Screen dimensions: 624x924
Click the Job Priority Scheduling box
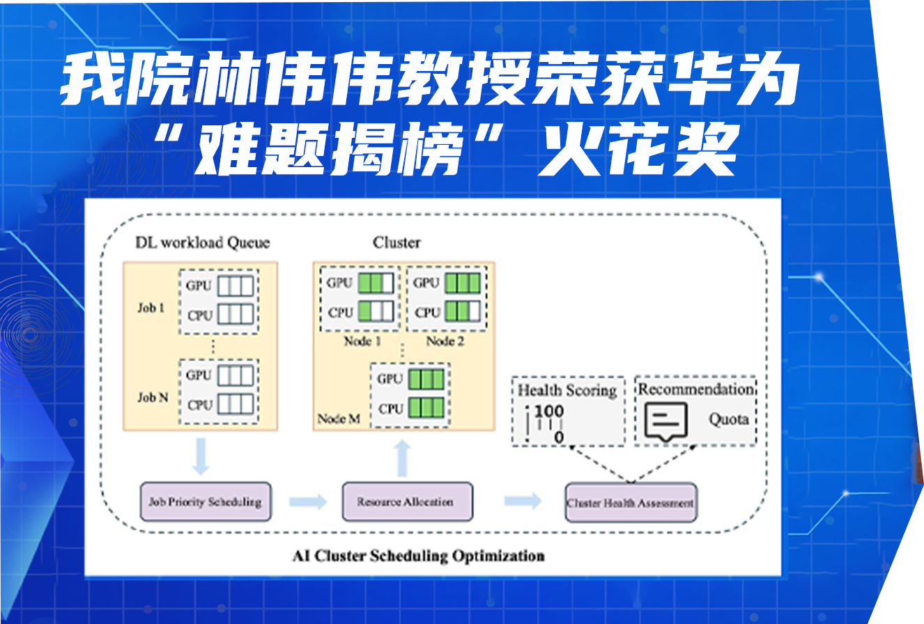(x=206, y=501)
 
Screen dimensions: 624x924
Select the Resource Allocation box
(x=406, y=501)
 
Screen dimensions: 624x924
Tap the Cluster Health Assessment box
(x=631, y=502)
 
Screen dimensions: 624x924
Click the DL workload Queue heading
(x=202, y=242)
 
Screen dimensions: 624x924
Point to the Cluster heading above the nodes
(x=396, y=242)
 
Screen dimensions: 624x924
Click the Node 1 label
(x=362, y=341)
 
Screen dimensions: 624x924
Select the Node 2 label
(x=445, y=341)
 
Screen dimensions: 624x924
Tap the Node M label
(x=339, y=419)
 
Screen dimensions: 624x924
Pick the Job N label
(x=153, y=398)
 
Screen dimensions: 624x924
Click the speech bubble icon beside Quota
(x=665, y=421)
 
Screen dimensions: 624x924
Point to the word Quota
(x=729, y=419)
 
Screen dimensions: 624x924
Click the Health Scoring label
(x=567, y=390)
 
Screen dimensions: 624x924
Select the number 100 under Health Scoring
(x=549, y=412)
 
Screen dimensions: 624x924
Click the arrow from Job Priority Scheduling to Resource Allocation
(x=307, y=501)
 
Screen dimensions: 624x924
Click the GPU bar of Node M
(x=425, y=380)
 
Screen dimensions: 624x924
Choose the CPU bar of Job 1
(x=236, y=315)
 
